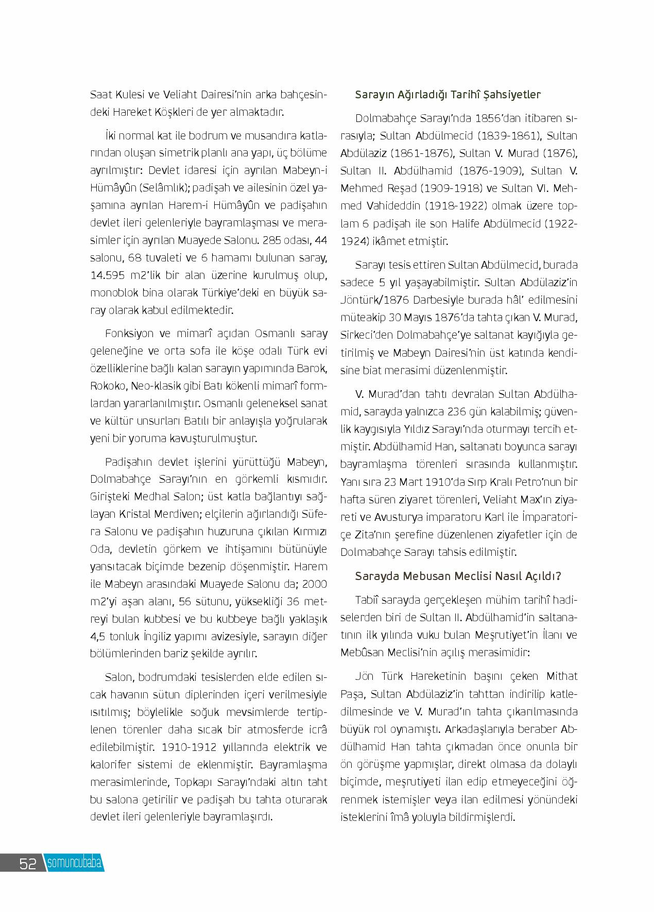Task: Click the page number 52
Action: (28, 863)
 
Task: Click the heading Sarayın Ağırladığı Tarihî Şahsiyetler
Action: (448, 95)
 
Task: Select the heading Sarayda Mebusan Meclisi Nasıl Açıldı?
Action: (458, 576)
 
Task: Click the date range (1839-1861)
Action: (504, 136)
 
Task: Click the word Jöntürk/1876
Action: (375, 300)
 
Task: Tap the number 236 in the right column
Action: (457, 412)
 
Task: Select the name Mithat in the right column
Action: (561, 676)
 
